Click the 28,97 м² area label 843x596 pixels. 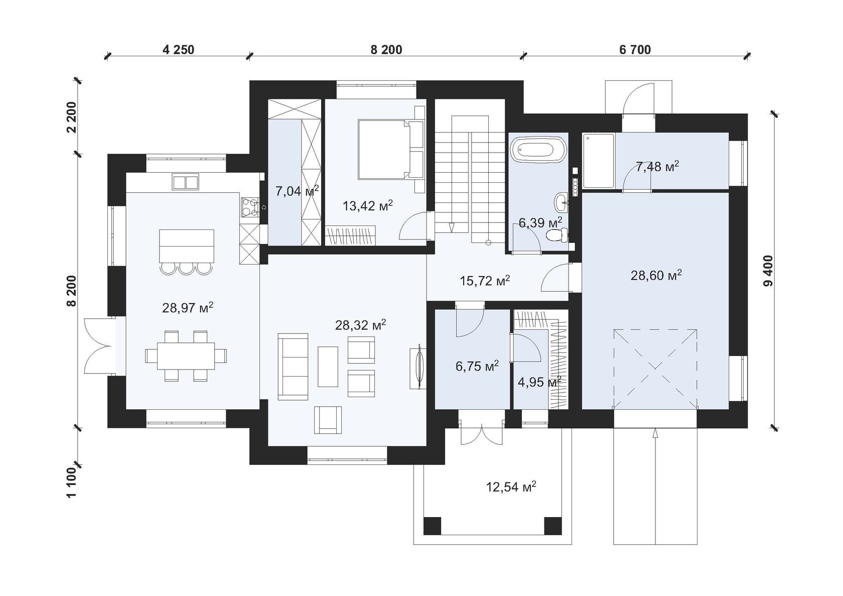(x=188, y=308)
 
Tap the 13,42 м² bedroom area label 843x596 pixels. (x=368, y=205)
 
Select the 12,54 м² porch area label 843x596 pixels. (x=511, y=487)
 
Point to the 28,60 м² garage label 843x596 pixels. (x=656, y=275)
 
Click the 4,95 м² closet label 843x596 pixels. (x=539, y=382)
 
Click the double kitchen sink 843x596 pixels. (x=186, y=182)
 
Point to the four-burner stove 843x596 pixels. (x=249, y=208)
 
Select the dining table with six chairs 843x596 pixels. (x=186, y=356)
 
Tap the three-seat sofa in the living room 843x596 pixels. (x=293, y=367)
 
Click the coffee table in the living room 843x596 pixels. (x=328, y=367)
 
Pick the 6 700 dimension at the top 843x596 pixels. (x=635, y=49)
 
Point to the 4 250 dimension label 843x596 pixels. (x=179, y=49)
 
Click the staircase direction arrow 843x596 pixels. (x=452, y=227)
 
